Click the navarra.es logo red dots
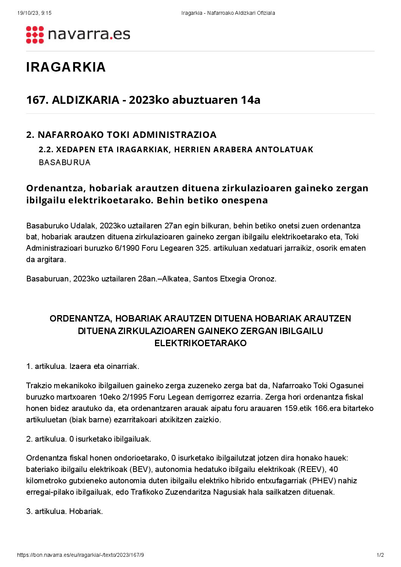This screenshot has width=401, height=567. [35, 35]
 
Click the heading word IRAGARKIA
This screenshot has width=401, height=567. [66, 67]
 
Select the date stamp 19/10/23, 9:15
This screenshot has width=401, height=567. [34, 13]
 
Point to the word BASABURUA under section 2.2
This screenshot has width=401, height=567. [64, 162]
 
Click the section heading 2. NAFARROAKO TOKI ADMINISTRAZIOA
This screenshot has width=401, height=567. [121, 135]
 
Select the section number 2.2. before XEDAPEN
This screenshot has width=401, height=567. [46, 150]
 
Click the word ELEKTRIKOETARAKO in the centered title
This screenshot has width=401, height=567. [200, 344]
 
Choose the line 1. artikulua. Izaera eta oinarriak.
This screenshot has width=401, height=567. [83, 367]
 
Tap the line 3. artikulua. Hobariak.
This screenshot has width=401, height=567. [64, 512]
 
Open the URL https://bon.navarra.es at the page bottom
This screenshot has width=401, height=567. [80, 555]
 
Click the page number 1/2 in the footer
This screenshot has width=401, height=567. [380, 555]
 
